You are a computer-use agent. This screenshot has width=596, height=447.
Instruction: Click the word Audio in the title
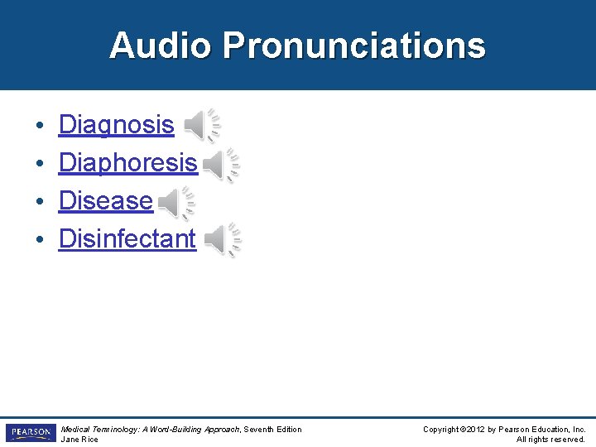point(161,46)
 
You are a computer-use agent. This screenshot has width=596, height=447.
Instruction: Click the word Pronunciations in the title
point(353,46)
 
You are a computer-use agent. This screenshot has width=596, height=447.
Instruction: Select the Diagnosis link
point(116,125)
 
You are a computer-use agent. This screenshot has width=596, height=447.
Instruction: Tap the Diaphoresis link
point(127,163)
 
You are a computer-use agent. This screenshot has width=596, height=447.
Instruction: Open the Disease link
point(105,201)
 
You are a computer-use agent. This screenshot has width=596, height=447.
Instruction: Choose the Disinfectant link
point(127,239)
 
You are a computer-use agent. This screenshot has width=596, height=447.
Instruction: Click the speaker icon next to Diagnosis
point(201,125)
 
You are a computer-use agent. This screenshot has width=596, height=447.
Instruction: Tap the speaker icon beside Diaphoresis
point(221,166)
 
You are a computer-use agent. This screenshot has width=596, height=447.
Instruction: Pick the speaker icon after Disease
point(176,203)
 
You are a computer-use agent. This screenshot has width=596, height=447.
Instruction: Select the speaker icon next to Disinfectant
point(223,240)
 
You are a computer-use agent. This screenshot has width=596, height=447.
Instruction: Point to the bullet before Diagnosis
point(40,127)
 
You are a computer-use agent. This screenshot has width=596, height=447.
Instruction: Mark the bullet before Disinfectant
point(40,241)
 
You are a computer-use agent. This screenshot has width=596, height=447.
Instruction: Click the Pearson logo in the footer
point(30,433)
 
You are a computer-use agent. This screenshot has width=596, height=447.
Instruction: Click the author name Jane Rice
point(79,440)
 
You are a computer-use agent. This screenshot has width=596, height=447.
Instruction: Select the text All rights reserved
point(550,440)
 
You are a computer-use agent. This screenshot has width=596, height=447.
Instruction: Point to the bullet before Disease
point(40,203)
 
